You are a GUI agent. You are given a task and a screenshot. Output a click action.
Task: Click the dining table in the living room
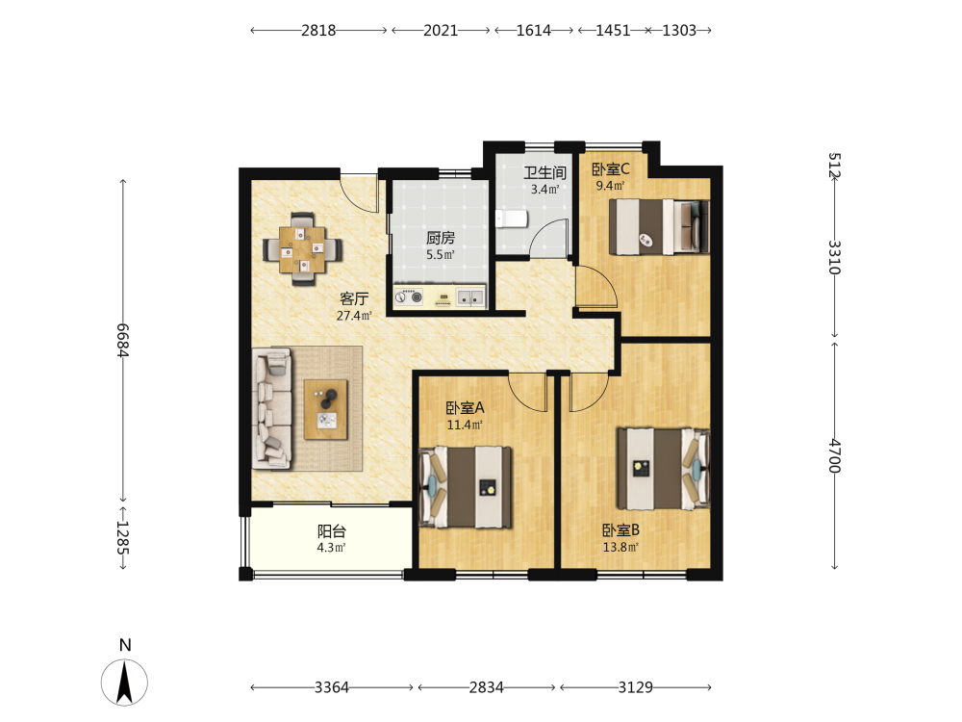[302, 249]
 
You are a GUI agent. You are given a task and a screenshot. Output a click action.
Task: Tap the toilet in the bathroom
[512, 218]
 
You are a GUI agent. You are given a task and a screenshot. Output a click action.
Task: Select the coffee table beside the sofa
[326, 409]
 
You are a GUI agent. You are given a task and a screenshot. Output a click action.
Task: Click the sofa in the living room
[272, 409]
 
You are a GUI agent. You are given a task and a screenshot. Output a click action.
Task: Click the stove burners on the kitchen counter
[409, 297]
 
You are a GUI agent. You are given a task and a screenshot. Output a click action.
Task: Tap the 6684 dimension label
[123, 340]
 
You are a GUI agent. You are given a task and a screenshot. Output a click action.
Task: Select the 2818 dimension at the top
[318, 30]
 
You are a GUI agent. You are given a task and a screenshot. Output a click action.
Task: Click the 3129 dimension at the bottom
[636, 687]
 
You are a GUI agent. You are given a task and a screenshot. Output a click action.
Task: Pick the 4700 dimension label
[834, 455]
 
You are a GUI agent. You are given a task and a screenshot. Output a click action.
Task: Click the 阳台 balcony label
[332, 531]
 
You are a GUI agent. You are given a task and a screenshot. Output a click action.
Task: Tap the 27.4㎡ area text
[354, 316]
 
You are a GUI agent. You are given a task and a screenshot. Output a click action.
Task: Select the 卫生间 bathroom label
[544, 172]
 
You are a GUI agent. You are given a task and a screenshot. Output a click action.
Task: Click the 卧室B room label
[620, 529]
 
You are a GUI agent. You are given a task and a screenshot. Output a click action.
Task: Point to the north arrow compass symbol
[124, 683]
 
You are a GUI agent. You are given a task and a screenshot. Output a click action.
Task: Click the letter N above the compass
[125, 645]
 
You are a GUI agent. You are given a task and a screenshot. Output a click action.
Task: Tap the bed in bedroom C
[659, 226]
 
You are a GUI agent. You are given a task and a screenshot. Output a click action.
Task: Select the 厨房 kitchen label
[441, 238]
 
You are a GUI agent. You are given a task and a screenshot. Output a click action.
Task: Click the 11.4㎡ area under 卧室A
[465, 425]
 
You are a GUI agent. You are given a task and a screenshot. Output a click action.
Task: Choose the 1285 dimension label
[123, 538]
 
